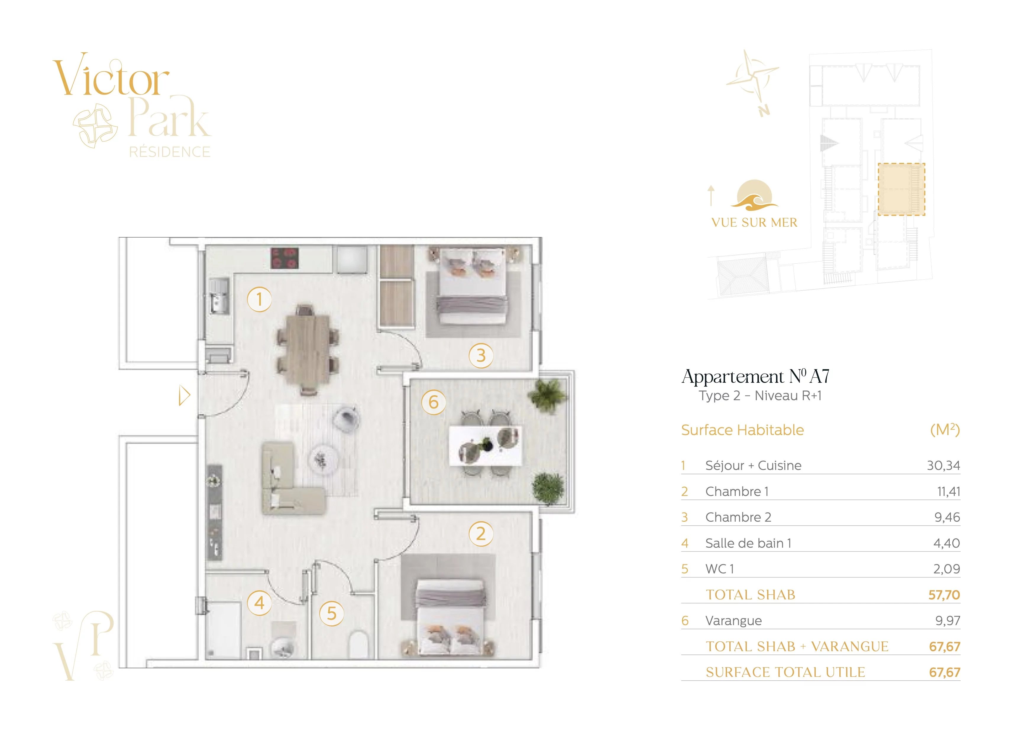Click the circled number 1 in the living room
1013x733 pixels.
259,299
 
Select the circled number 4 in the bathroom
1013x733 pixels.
259,603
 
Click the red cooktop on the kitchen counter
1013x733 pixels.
284,258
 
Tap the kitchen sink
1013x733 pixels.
219,296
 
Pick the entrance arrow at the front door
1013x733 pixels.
184,395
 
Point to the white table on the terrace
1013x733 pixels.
486,445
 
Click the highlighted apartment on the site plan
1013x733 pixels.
901,189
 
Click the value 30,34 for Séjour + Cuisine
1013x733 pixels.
943,466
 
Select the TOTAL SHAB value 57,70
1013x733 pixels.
944,595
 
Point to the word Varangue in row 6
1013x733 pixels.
734,621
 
